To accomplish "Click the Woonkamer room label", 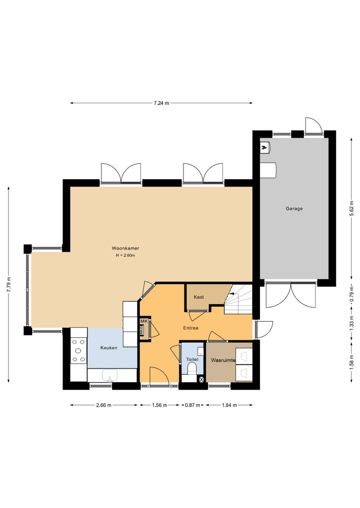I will tap(125, 248).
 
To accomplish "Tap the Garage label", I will tap(294, 209).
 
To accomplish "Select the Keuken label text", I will tap(108, 348).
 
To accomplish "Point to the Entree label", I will tap(190, 328).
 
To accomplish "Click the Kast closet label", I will tap(199, 297).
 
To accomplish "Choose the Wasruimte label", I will tap(223, 360).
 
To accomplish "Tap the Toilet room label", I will tap(192, 359).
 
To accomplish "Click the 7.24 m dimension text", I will tap(161, 103).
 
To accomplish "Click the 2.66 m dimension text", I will tap(104, 405).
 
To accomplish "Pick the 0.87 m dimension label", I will tap(192, 405).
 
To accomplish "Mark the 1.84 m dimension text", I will tap(229, 405).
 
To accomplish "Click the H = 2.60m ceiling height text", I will tap(125, 256).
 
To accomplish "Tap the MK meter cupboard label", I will tap(144, 321).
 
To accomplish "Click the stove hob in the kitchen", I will tap(78, 351).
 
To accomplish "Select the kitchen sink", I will tap(109, 375).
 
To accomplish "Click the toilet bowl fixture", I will tap(190, 369).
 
